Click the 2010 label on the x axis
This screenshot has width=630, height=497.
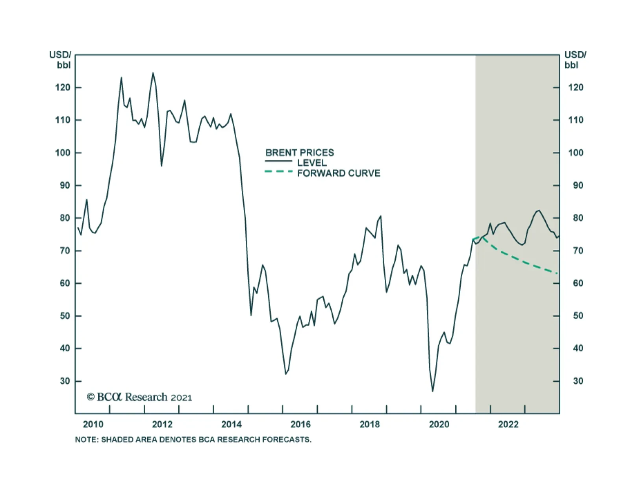coord(93,425)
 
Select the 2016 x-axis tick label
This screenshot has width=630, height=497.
coord(300,425)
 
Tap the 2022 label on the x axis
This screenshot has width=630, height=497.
coord(508,425)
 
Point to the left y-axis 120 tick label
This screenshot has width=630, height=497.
coord(63,87)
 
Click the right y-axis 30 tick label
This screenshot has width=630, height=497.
coord(578,381)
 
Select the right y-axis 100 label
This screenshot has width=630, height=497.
coord(576,153)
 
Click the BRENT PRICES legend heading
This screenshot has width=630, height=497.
coord(300,153)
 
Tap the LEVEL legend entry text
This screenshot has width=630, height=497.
coord(312,163)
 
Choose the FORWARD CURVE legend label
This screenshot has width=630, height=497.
coord(339,174)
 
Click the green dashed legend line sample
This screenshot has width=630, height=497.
coord(279,172)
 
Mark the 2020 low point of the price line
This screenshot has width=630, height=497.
coord(432,391)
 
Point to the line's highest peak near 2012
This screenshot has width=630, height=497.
coord(153,73)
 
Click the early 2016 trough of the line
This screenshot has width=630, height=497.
coord(285,374)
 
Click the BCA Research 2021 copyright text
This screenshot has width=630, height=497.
coord(139,397)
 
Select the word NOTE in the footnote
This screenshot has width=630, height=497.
coord(86,440)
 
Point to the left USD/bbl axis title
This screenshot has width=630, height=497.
coord(60,60)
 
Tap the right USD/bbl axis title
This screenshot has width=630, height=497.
coord(575,60)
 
